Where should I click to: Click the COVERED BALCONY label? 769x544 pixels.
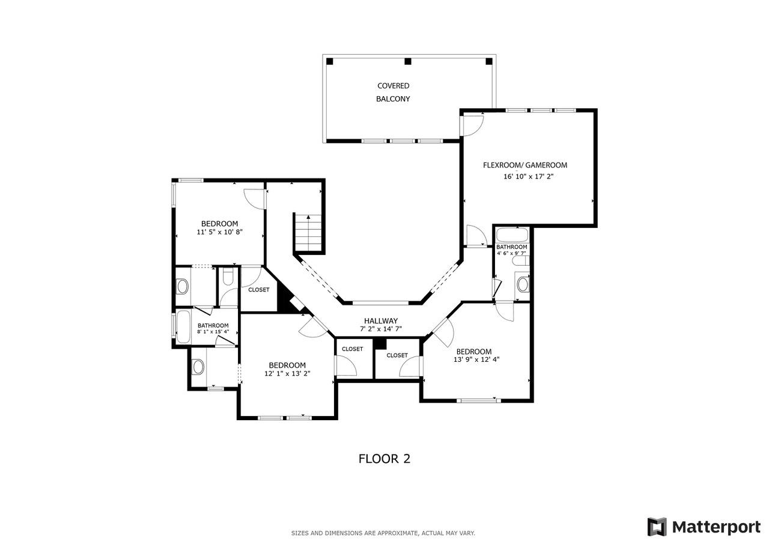[393, 92]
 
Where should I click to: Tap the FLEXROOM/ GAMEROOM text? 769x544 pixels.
[524, 165]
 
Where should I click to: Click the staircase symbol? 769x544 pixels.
[308, 234]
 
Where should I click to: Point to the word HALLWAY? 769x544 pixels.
[380, 321]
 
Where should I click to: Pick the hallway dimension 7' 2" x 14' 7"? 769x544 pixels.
[380, 329]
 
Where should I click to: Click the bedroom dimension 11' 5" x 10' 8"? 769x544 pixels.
[219, 232]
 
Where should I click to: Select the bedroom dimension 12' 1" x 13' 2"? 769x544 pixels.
[287, 373]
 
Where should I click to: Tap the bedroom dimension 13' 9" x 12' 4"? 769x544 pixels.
[473, 359]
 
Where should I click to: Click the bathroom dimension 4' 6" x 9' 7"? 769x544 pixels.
[511, 254]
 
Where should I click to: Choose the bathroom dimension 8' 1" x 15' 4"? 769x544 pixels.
[213, 332]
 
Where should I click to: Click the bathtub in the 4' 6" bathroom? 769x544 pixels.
[512, 234]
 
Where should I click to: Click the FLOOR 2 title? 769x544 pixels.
[384, 459]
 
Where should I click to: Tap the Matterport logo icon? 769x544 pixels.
[657, 527]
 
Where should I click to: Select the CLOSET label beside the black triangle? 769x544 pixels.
[258, 290]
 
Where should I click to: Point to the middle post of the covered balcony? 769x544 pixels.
[407, 61]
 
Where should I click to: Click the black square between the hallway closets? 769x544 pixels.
[379, 343]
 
